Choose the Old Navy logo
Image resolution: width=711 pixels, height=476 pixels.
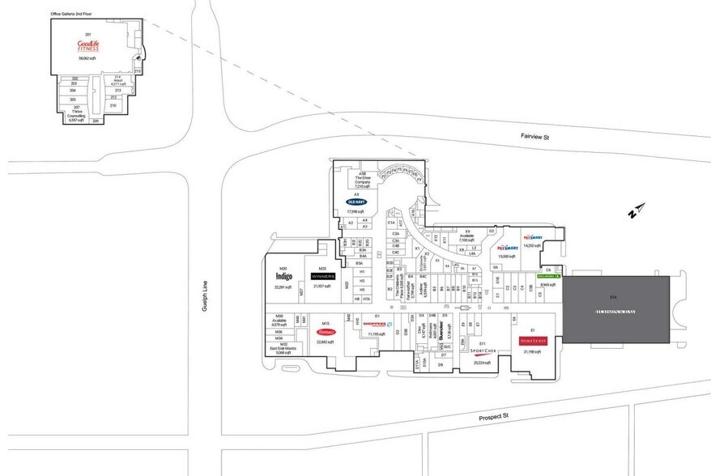[357, 202]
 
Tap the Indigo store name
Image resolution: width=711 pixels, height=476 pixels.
[283, 276]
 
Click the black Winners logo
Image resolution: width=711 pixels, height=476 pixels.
[322, 275]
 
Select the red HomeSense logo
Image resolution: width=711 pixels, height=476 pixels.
[533, 341]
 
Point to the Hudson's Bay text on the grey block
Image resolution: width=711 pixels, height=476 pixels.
[616, 312]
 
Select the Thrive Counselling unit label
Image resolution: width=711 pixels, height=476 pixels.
[77, 113]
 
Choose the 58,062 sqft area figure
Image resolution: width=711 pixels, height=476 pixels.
[87, 59]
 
